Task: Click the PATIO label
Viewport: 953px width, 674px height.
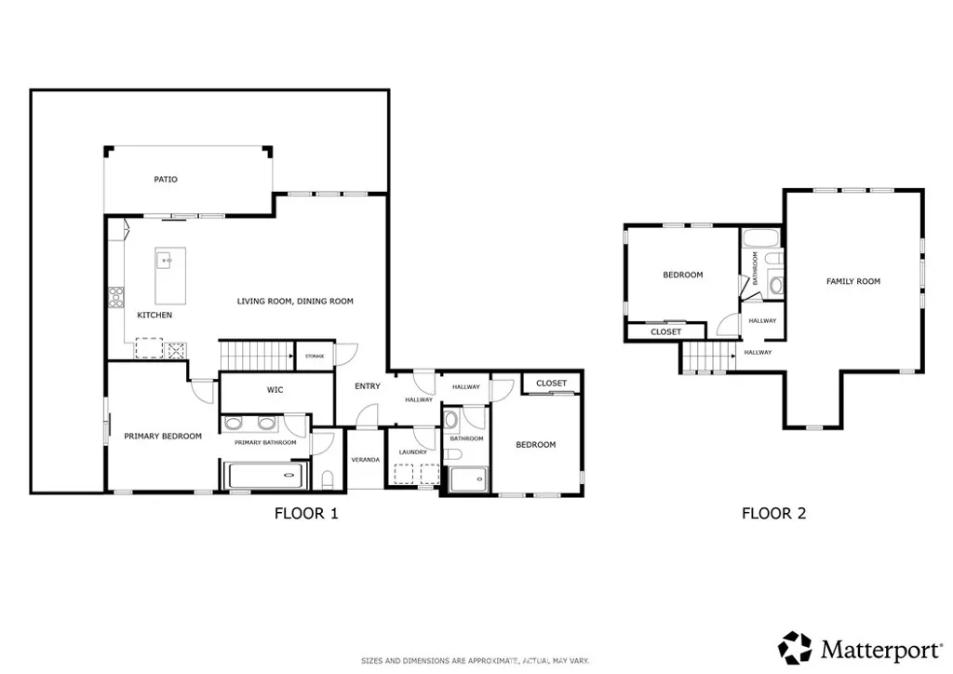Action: coord(166,179)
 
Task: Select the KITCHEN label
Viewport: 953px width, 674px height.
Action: coord(154,315)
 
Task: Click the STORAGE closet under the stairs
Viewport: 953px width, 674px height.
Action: coord(315,356)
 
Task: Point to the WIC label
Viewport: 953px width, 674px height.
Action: coord(275,390)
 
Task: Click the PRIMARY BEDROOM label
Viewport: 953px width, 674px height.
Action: coord(163,436)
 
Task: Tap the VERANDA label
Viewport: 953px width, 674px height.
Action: coord(365,460)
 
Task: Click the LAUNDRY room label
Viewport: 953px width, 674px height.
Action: coord(413,452)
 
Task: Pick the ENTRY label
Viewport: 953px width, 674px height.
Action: coord(367,386)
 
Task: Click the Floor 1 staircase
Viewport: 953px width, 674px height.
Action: coord(257,355)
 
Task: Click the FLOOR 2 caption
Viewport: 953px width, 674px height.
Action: coord(772,513)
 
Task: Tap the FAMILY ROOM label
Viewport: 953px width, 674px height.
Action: coord(853,281)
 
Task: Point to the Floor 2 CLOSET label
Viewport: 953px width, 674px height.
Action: coord(665,331)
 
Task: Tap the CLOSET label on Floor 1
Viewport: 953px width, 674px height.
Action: coord(551,383)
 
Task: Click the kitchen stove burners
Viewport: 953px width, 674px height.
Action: coord(118,297)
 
